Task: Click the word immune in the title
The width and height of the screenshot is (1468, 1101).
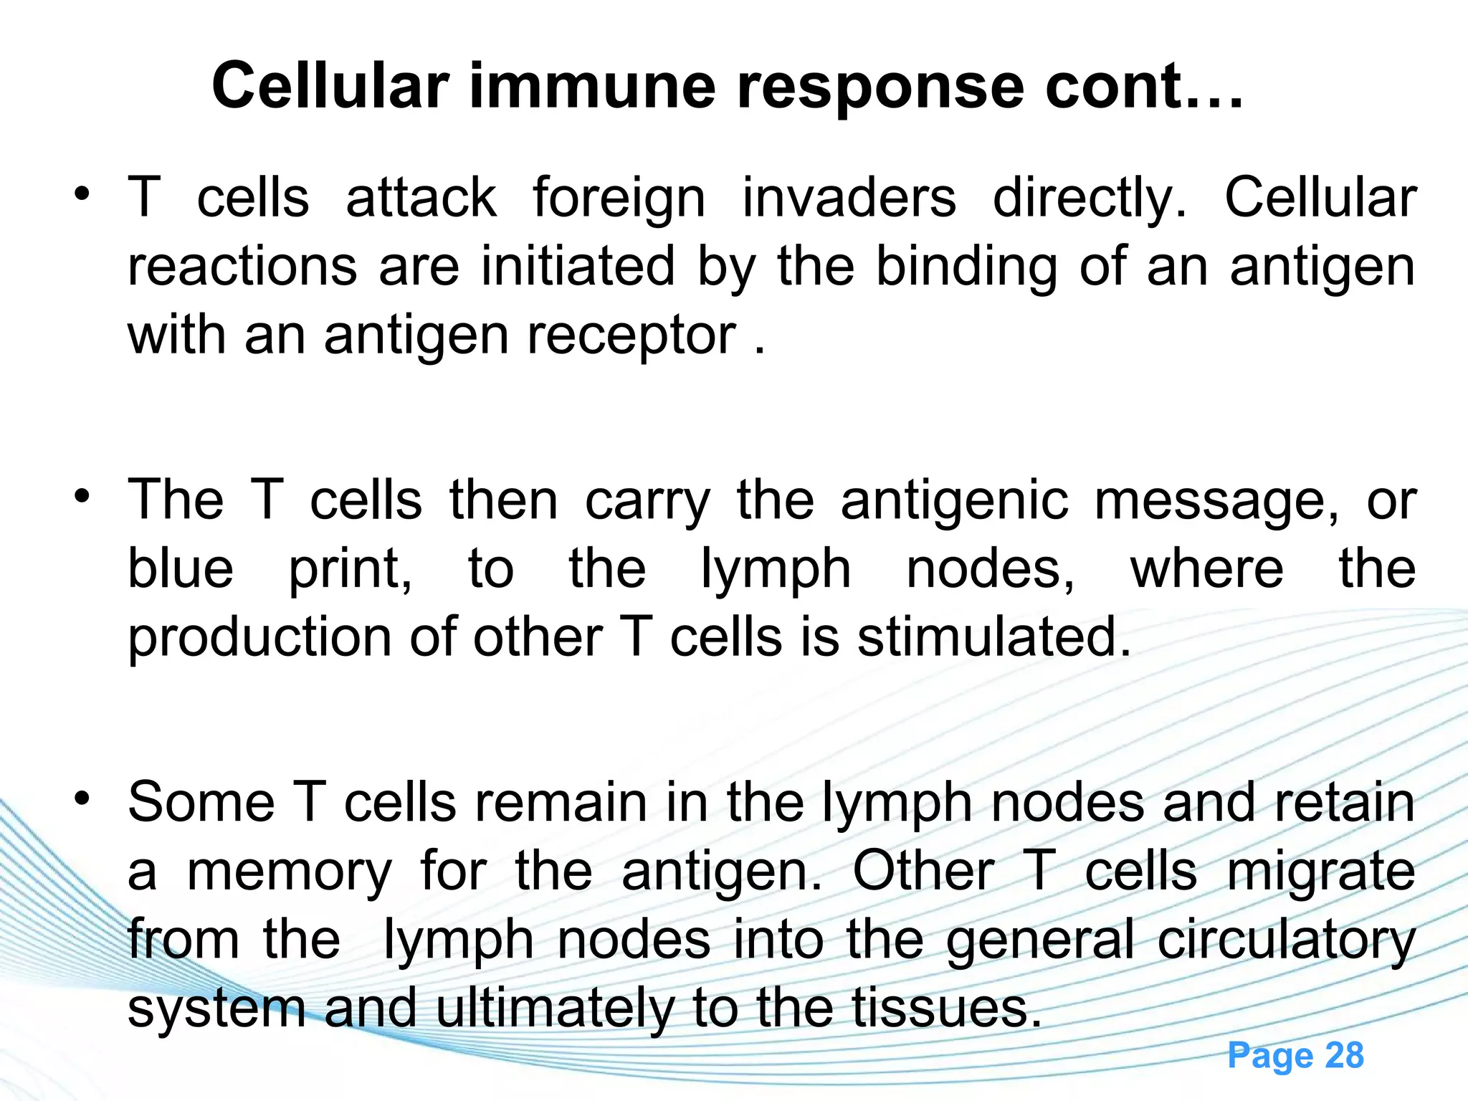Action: point(592,86)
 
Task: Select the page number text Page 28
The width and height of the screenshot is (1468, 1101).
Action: point(1295,1055)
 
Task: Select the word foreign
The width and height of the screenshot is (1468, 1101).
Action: point(619,199)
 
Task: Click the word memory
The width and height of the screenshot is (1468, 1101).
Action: point(290,873)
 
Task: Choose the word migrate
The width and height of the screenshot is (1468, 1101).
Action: point(1321,873)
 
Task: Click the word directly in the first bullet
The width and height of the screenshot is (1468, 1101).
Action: point(1090,199)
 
